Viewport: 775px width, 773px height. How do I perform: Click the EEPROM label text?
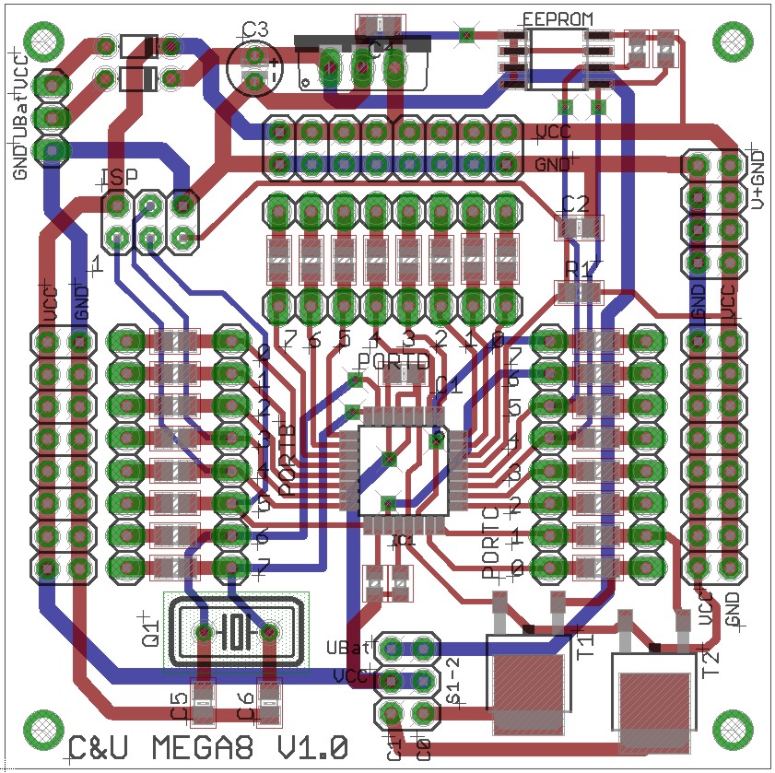click(x=558, y=18)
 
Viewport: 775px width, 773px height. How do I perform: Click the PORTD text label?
click(x=393, y=362)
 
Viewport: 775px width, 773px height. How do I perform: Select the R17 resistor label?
click(x=582, y=269)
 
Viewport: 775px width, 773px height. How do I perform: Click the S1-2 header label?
click(x=453, y=681)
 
